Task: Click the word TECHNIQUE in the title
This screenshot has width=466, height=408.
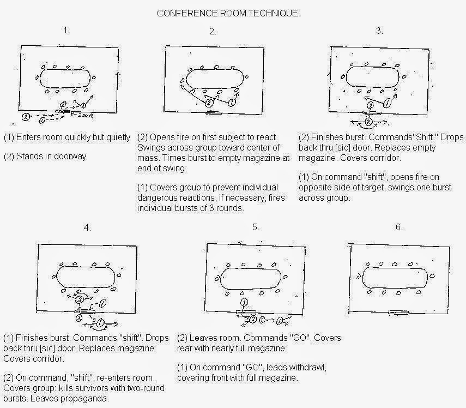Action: click(273, 14)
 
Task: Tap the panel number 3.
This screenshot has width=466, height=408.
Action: click(379, 31)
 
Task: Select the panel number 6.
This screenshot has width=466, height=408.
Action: click(398, 227)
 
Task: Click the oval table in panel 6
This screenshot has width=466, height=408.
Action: click(395, 278)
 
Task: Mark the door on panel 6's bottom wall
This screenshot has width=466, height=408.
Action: click(398, 312)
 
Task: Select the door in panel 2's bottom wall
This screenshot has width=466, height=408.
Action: click(214, 113)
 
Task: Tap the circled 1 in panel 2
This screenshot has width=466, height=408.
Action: click(232, 103)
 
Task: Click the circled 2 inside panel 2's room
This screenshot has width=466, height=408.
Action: click(209, 103)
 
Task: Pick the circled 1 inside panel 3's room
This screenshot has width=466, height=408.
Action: click(387, 103)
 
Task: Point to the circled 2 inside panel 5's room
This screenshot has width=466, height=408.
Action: click(244, 303)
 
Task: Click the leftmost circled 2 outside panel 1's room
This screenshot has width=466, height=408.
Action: click(26, 117)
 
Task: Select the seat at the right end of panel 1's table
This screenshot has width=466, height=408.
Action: click(94, 77)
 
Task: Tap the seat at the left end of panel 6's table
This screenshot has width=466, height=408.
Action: click(359, 277)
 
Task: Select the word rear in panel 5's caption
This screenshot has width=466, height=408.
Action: click(184, 349)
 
